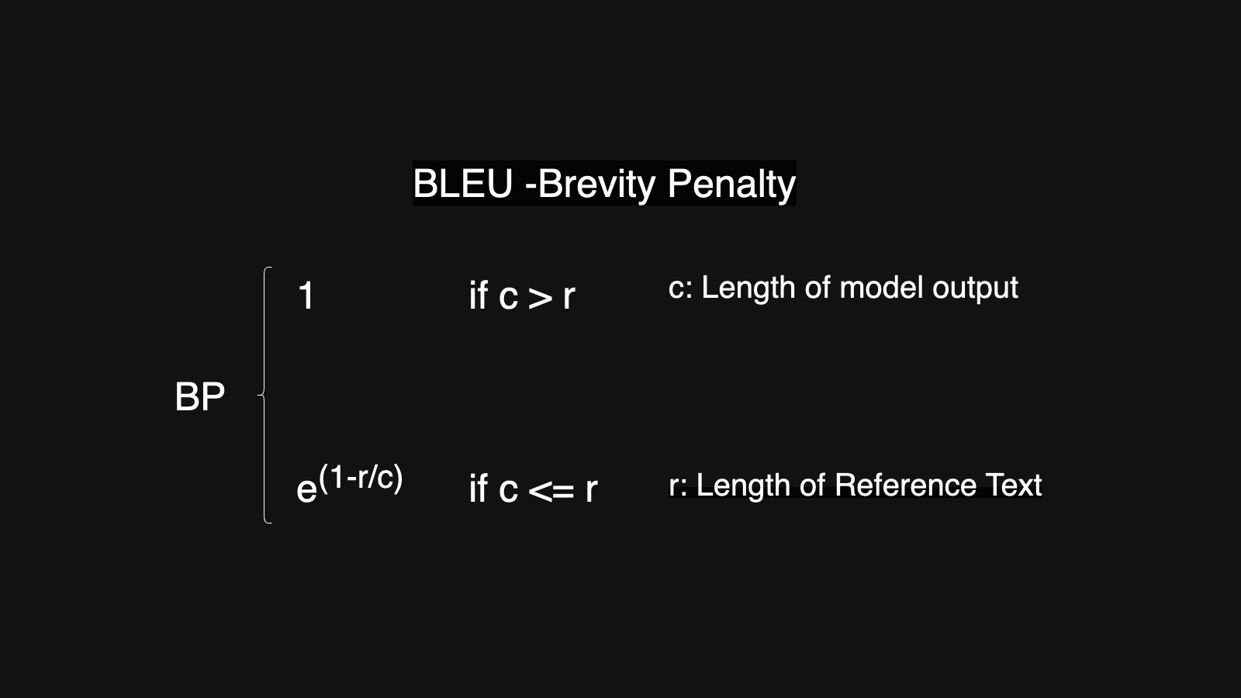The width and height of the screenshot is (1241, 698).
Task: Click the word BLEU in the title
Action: (x=462, y=184)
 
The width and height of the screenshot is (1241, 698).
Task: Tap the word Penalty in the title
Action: (x=731, y=184)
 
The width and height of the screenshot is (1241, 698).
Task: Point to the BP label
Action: (x=199, y=397)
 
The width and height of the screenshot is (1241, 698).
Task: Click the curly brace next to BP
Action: (x=265, y=396)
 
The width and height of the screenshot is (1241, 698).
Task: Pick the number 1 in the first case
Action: (x=306, y=296)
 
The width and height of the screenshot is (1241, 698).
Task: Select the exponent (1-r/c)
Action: (x=361, y=477)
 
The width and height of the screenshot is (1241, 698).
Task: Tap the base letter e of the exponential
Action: (x=306, y=489)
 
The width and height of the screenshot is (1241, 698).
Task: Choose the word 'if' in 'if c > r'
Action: (x=478, y=295)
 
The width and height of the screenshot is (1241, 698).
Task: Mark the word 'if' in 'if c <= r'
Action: (x=478, y=489)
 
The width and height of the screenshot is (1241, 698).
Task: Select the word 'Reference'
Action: (x=905, y=485)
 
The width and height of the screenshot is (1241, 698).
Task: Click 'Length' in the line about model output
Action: (x=748, y=289)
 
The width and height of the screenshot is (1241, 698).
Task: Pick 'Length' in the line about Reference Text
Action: (x=742, y=486)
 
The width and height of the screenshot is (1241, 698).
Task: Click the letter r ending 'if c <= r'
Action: (x=591, y=489)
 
